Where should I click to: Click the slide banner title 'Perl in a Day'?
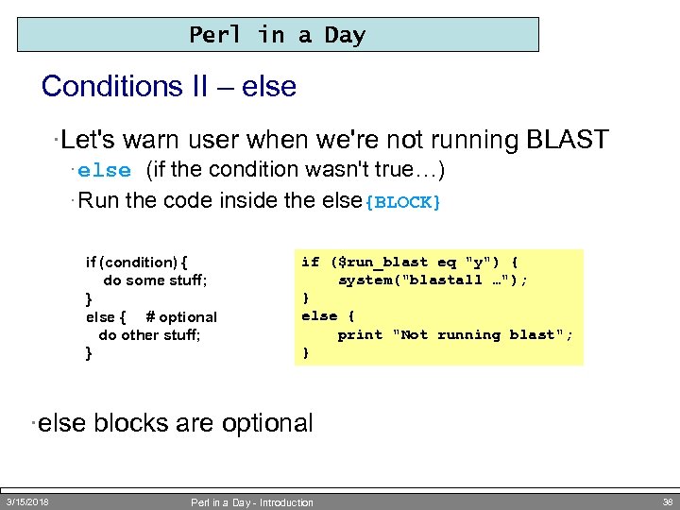tap(277, 35)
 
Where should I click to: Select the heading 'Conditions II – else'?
tap(169, 87)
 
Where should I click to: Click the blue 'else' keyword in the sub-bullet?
tap(104, 171)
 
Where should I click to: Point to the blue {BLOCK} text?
tap(403, 202)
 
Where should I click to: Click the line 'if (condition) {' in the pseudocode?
tap(137, 263)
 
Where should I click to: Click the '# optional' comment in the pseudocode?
tap(181, 317)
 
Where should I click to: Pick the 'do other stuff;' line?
tap(148, 335)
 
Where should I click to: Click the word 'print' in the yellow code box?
tap(360, 334)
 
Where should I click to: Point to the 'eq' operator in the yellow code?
tap(446, 263)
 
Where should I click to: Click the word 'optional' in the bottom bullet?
tap(266, 423)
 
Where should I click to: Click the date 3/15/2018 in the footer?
tap(27, 501)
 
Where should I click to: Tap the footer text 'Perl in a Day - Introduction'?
tap(252, 502)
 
